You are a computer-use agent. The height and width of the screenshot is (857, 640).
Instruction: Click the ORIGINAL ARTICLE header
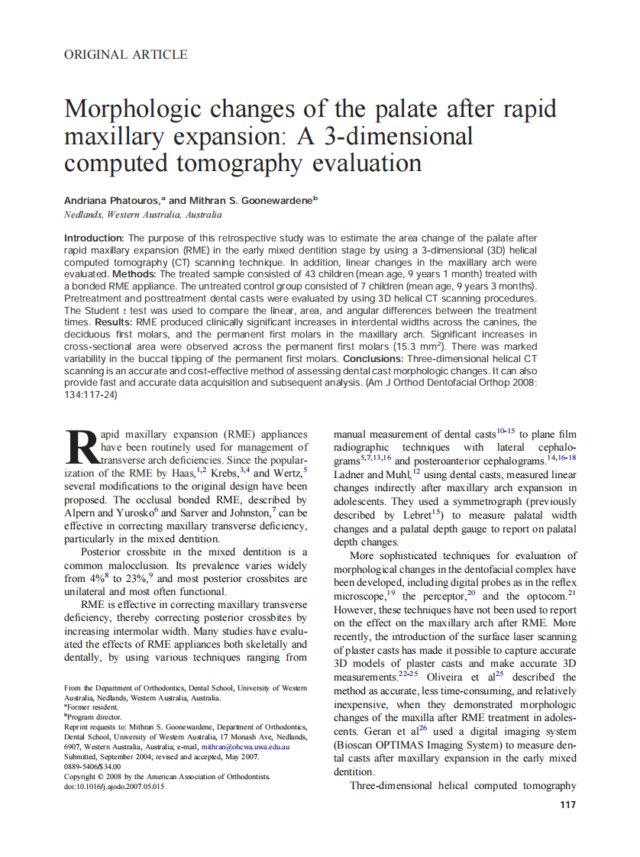[x=126, y=54]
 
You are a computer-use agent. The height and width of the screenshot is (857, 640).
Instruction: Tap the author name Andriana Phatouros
[x=111, y=200]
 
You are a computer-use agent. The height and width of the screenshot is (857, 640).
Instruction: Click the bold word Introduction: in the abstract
[x=94, y=238]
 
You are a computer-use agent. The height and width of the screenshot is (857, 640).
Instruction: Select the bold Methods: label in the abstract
[x=136, y=273]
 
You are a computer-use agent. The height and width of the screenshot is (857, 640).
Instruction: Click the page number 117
[x=567, y=804]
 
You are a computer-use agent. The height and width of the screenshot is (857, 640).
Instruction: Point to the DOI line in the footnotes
[x=114, y=786]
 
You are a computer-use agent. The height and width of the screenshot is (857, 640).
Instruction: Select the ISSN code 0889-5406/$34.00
[x=92, y=766]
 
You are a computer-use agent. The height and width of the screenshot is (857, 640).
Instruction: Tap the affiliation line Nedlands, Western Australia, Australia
[x=143, y=215]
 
